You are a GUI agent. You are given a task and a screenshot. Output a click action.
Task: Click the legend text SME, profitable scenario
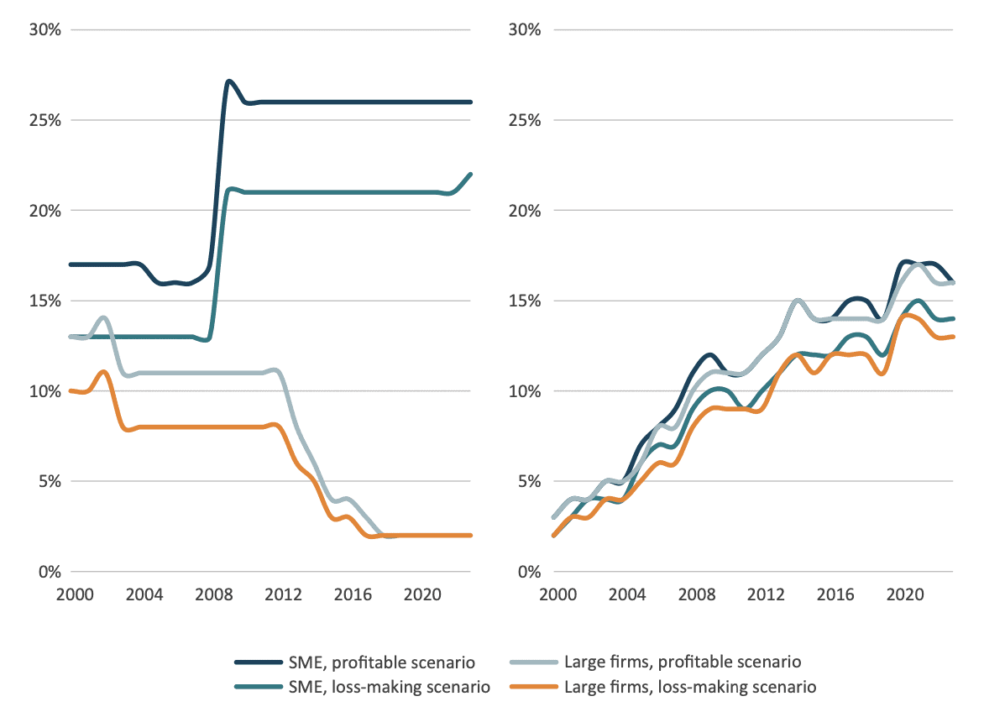[364, 662]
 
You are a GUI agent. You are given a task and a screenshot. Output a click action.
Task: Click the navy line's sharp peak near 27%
[228, 81]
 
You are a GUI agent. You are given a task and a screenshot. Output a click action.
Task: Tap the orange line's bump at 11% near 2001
[102, 372]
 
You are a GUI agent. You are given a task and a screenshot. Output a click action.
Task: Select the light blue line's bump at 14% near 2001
[103, 317]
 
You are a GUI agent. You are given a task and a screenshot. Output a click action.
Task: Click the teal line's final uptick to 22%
[471, 175]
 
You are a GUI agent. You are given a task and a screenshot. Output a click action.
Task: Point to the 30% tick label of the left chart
[44, 30]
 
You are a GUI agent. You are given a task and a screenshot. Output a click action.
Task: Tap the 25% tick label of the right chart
[526, 120]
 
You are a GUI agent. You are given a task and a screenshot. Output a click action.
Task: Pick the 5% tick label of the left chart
[47, 481]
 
